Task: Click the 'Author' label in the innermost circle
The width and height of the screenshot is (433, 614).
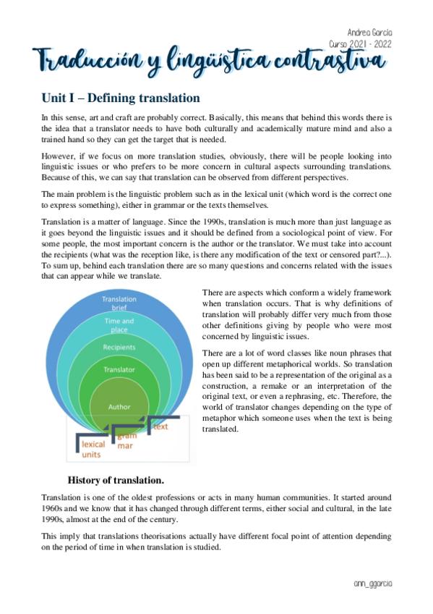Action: [x=119, y=406]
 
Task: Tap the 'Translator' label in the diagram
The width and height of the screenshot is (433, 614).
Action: [x=119, y=369]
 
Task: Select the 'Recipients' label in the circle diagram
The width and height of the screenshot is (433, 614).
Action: [x=119, y=347]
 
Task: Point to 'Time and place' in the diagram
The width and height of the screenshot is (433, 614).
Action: [x=119, y=325]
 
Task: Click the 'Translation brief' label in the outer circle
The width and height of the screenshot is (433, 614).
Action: [x=119, y=303]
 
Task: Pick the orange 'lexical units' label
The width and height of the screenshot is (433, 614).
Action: [x=93, y=449]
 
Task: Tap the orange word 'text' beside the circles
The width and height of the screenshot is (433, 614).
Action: [x=161, y=427]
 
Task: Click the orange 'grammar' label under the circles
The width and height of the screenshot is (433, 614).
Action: [x=126, y=440]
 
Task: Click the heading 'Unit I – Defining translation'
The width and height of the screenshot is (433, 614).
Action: [x=121, y=98]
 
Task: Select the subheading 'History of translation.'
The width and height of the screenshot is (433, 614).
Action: [x=116, y=479]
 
